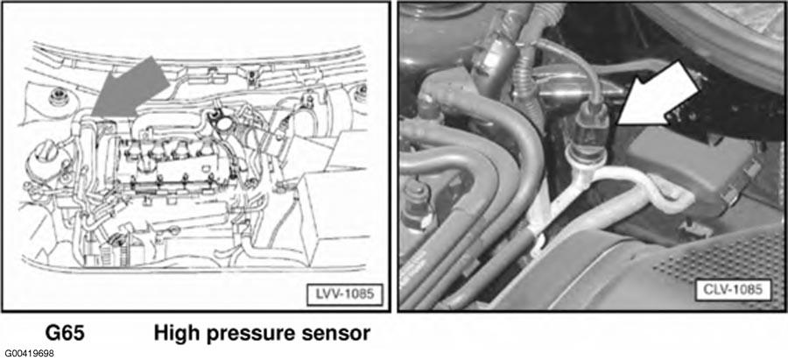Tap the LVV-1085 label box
(345, 294)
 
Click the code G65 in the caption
(65, 333)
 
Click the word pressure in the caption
(257, 335)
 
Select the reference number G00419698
(28, 354)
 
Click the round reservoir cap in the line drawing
(46, 156)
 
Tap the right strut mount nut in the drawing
(361, 91)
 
